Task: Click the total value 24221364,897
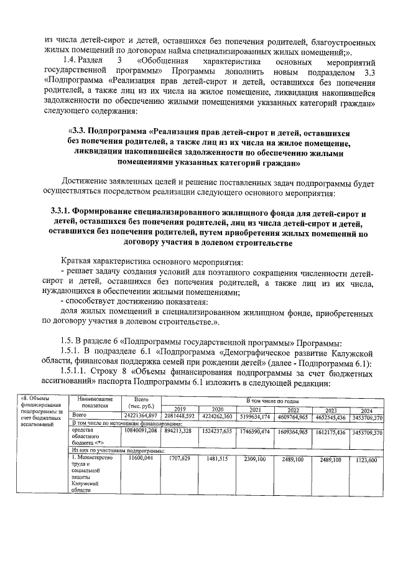(140, 416)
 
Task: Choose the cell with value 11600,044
(140, 458)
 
